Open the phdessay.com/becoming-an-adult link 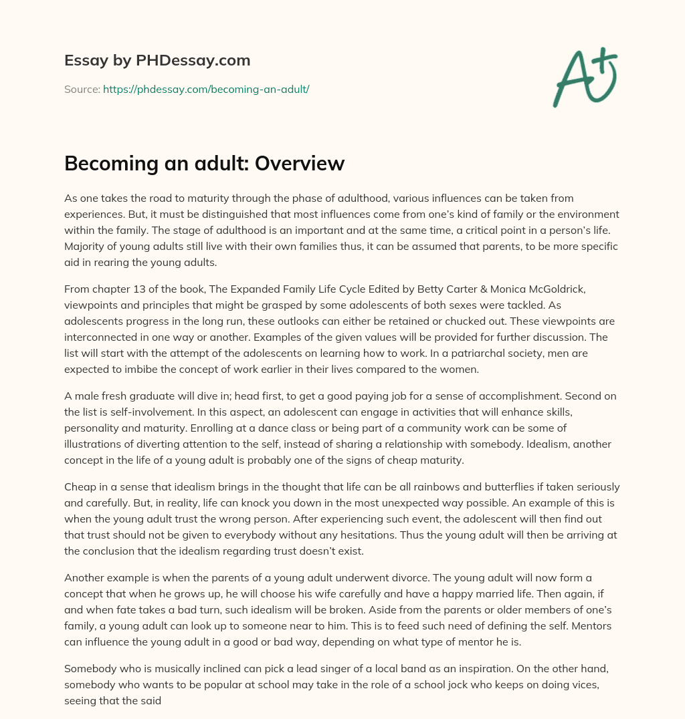coord(206,89)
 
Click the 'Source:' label coord(82,89)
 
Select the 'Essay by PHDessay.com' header coord(157,61)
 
